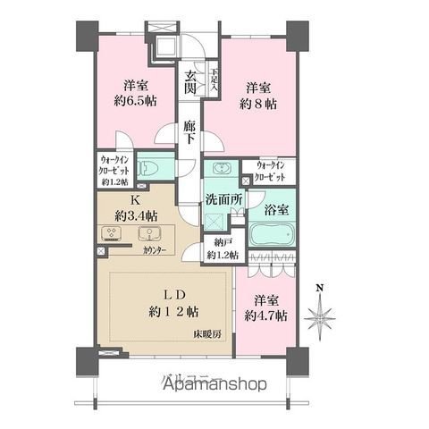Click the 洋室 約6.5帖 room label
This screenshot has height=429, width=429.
point(136,93)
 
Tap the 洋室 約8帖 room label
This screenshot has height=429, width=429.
point(257,96)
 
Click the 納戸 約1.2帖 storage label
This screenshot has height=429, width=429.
point(223,248)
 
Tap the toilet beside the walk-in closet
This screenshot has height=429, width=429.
point(154,167)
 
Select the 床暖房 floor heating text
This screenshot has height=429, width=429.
point(209,334)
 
